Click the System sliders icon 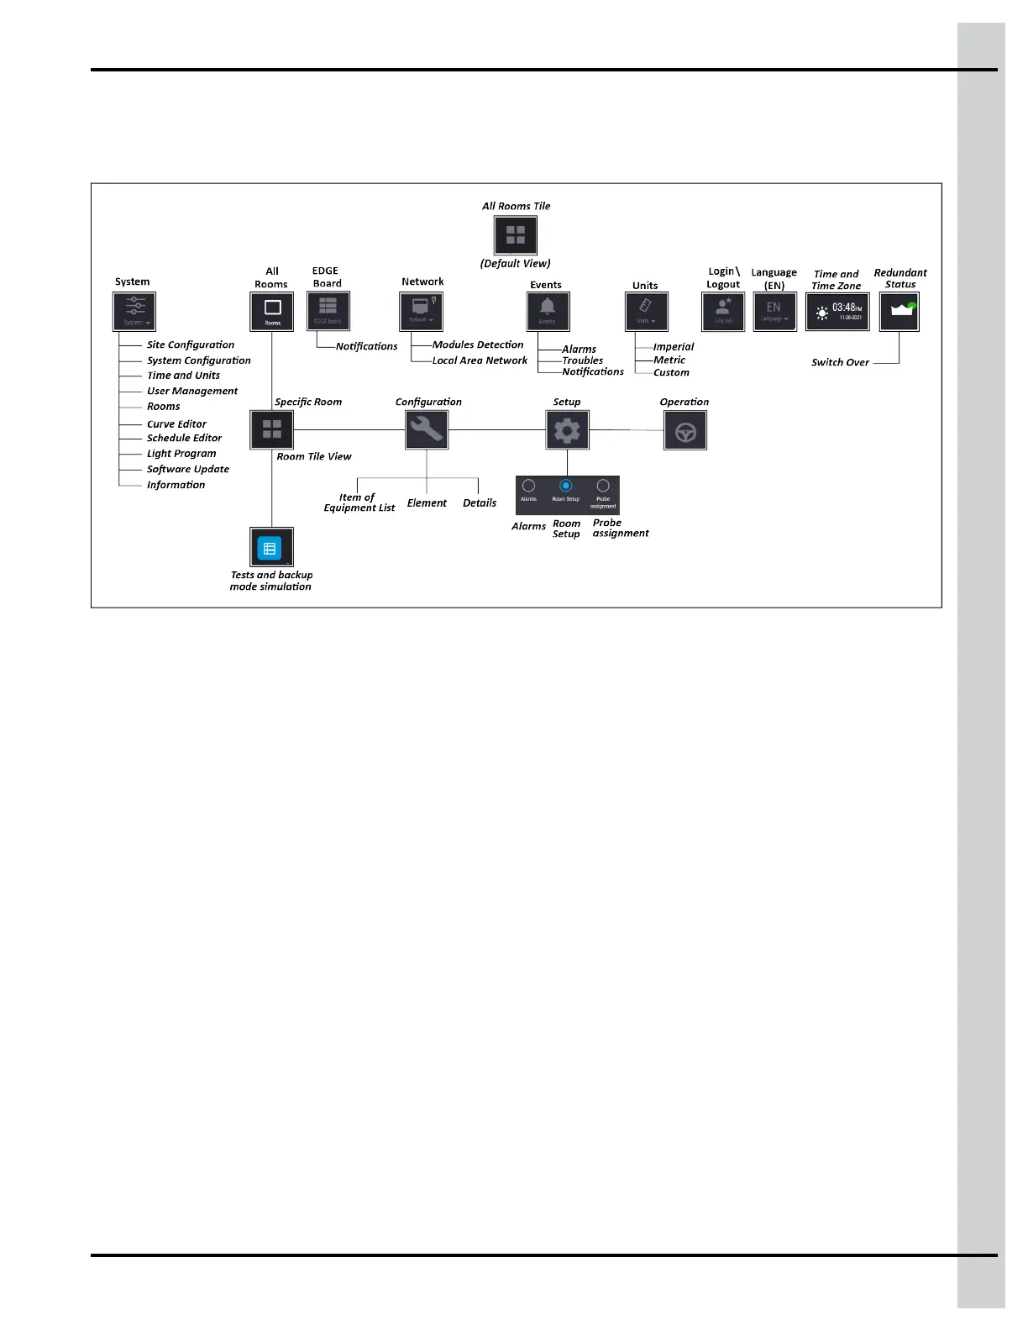coord(134,312)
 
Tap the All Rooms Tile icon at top coord(515,235)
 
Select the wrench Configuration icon coord(427,430)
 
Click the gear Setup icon coord(567,430)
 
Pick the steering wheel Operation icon coord(685,431)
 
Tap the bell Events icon coord(548,312)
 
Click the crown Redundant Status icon coord(899,312)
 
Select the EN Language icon coord(774,312)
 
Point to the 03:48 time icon coord(837,312)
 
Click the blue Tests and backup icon coord(270,549)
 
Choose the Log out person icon coord(723,312)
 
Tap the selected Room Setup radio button coord(566,486)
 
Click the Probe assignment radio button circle coord(603,486)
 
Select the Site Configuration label coord(191,345)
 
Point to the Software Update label coord(188,469)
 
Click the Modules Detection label coord(478,345)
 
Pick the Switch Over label coord(840,362)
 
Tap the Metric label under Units coord(669,360)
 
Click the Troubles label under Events coord(583,360)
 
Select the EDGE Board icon coord(328,312)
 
